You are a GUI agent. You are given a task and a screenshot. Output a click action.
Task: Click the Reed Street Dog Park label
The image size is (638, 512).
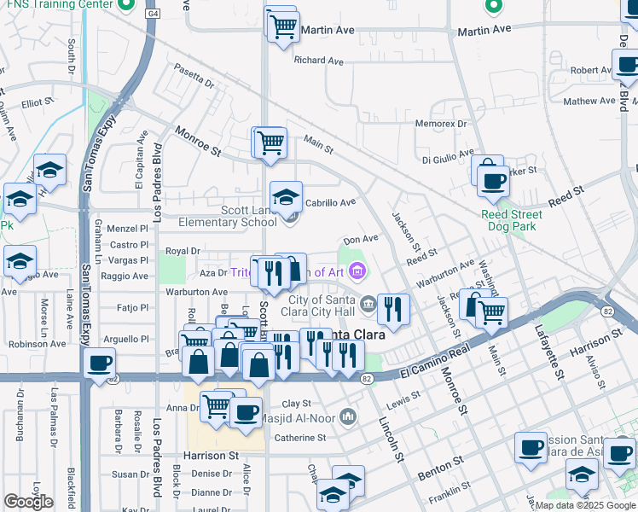click(x=512, y=221)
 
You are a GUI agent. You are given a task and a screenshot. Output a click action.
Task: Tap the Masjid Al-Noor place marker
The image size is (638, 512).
click(x=347, y=416)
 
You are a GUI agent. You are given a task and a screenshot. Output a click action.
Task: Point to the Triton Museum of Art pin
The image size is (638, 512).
click(x=357, y=272)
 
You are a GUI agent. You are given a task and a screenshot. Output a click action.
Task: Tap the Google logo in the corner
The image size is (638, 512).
click(x=28, y=502)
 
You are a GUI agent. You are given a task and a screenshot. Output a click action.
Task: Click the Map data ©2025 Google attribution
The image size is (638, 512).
click(x=584, y=505)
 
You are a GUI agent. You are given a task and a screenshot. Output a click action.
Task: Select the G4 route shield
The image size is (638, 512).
click(x=152, y=15)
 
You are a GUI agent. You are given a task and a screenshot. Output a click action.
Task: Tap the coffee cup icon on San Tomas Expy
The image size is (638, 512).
click(x=100, y=363)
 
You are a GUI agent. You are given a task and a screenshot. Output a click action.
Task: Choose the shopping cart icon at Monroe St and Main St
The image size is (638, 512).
click(x=271, y=142)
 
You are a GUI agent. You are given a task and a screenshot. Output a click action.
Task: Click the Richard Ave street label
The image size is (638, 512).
click(x=318, y=61)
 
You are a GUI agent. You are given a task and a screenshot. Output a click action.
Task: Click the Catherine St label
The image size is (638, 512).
click(x=300, y=438)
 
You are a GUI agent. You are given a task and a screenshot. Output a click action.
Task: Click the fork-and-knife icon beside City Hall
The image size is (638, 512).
click(x=392, y=308)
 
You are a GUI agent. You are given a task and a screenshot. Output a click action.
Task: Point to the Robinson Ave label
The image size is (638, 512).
click(x=37, y=344)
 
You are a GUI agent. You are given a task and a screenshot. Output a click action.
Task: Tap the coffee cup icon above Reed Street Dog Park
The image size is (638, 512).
click(x=492, y=180)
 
